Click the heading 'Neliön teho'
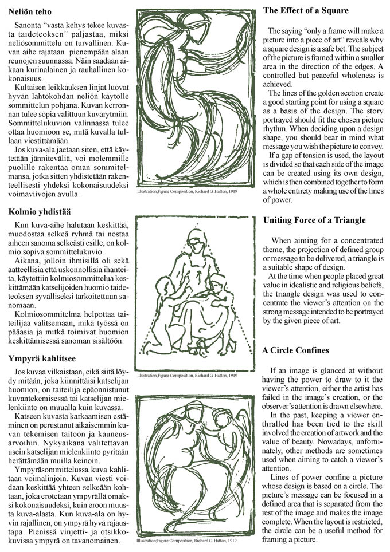[30, 11]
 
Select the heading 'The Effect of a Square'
[306, 11]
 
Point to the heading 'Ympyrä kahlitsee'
[42, 358]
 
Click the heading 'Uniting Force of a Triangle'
[314, 220]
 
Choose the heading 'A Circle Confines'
[296, 350]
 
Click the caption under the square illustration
[187, 199]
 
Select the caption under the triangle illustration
[187, 376]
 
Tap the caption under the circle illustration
[187, 540]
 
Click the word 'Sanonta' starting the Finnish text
[27, 26]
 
